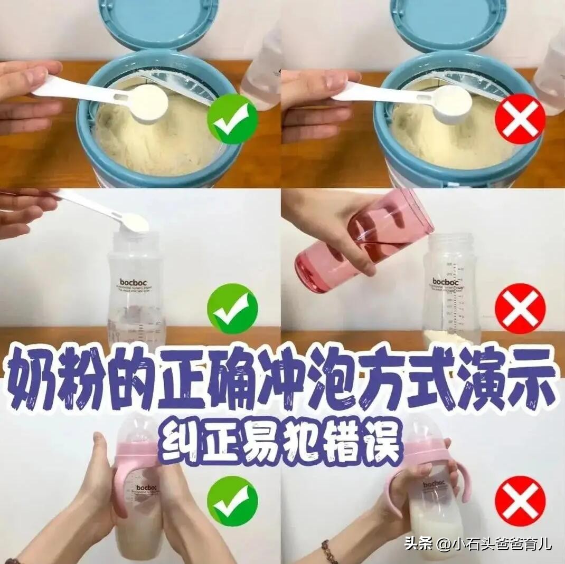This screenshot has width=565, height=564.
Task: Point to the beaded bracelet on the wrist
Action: point(329,552)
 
